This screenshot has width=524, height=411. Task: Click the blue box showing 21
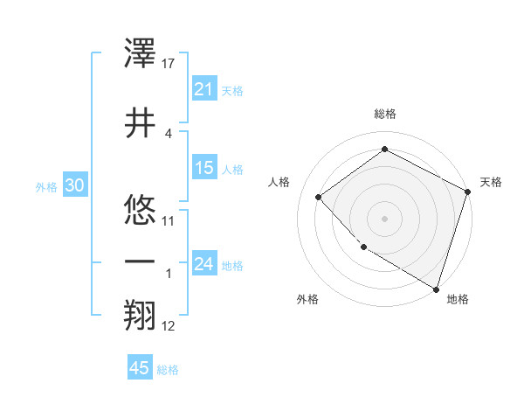coord(204,89)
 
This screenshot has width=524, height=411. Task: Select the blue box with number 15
coord(204,168)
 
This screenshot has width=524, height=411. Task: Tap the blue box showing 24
coord(204,264)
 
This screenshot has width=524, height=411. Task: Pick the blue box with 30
coord(74,185)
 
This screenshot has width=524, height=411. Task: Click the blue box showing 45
coord(140,368)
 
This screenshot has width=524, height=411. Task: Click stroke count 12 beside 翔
coord(169,326)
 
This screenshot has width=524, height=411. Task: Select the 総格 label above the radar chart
coord(384,114)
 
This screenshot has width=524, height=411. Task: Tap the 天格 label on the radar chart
coord(491,182)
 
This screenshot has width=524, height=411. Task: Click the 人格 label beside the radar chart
coord(279,182)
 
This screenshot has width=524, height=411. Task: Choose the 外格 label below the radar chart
coord(307,300)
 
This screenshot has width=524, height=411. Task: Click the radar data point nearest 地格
coord(436,289)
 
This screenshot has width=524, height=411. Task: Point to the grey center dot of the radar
coord(384,218)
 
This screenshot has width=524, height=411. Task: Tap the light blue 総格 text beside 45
coord(168,370)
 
